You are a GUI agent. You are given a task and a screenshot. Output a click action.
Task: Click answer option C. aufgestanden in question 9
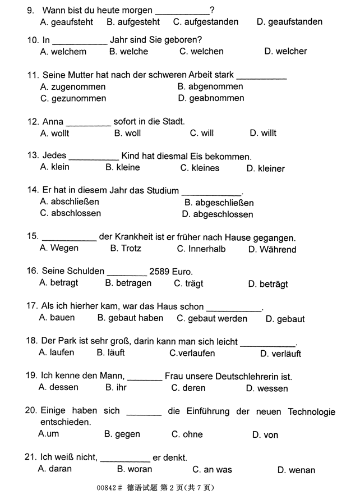(x=205, y=22)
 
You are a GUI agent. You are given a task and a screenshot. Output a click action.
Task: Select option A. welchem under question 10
(x=63, y=52)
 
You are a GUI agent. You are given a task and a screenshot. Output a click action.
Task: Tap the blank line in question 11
(x=261, y=75)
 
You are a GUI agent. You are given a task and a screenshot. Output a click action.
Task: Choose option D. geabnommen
(x=211, y=98)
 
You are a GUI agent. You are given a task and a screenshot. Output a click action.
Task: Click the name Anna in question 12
(x=53, y=121)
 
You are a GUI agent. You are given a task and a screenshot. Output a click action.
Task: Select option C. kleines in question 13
(x=200, y=168)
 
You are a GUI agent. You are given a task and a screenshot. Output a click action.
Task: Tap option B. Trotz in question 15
(x=126, y=249)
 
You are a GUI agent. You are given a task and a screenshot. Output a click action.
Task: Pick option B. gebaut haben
(x=130, y=318)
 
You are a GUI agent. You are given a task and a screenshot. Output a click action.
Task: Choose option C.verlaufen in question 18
(x=192, y=354)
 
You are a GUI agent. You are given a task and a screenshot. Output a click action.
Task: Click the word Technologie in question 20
(x=311, y=412)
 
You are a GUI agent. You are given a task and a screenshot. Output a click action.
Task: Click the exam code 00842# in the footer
(x=109, y=487)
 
